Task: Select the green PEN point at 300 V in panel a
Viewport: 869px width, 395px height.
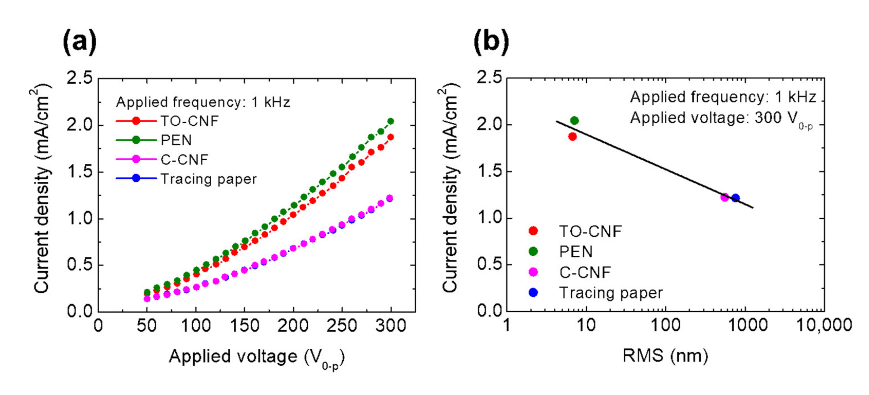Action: point(391,121)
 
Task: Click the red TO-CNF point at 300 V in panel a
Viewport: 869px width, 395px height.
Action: point(391,137)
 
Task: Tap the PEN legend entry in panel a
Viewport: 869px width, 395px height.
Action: point(176,140)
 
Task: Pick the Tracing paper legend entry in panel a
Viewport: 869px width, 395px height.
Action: point(208,179)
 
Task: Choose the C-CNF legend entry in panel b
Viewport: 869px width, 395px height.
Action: point(585,272)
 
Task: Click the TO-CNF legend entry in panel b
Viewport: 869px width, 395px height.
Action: point(590,231)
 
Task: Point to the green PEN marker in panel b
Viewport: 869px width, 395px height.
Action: point(574,121)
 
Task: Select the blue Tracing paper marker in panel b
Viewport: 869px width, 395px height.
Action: point(736,198)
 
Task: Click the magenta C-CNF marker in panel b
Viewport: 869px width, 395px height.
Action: point(725,197)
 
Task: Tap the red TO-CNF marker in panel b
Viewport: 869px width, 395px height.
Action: point(573,137)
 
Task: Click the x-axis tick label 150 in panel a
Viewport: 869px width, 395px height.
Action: point(244,326)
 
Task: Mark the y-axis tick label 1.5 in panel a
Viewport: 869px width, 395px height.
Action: point(80,172)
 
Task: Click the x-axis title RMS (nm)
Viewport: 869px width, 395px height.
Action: point(665,355)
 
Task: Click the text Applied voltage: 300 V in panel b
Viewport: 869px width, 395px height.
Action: point(719,118)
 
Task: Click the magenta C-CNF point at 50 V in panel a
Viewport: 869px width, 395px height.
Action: point(147,299)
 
